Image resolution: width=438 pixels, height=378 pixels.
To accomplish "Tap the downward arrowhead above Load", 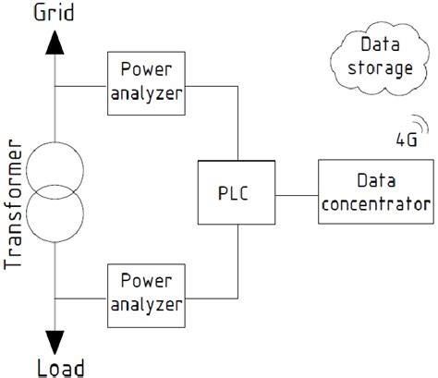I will pos(55,337).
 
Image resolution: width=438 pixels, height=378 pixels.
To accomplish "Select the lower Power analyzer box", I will pos(146,293).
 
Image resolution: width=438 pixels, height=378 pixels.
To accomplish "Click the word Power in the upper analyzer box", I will pos(146,69).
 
